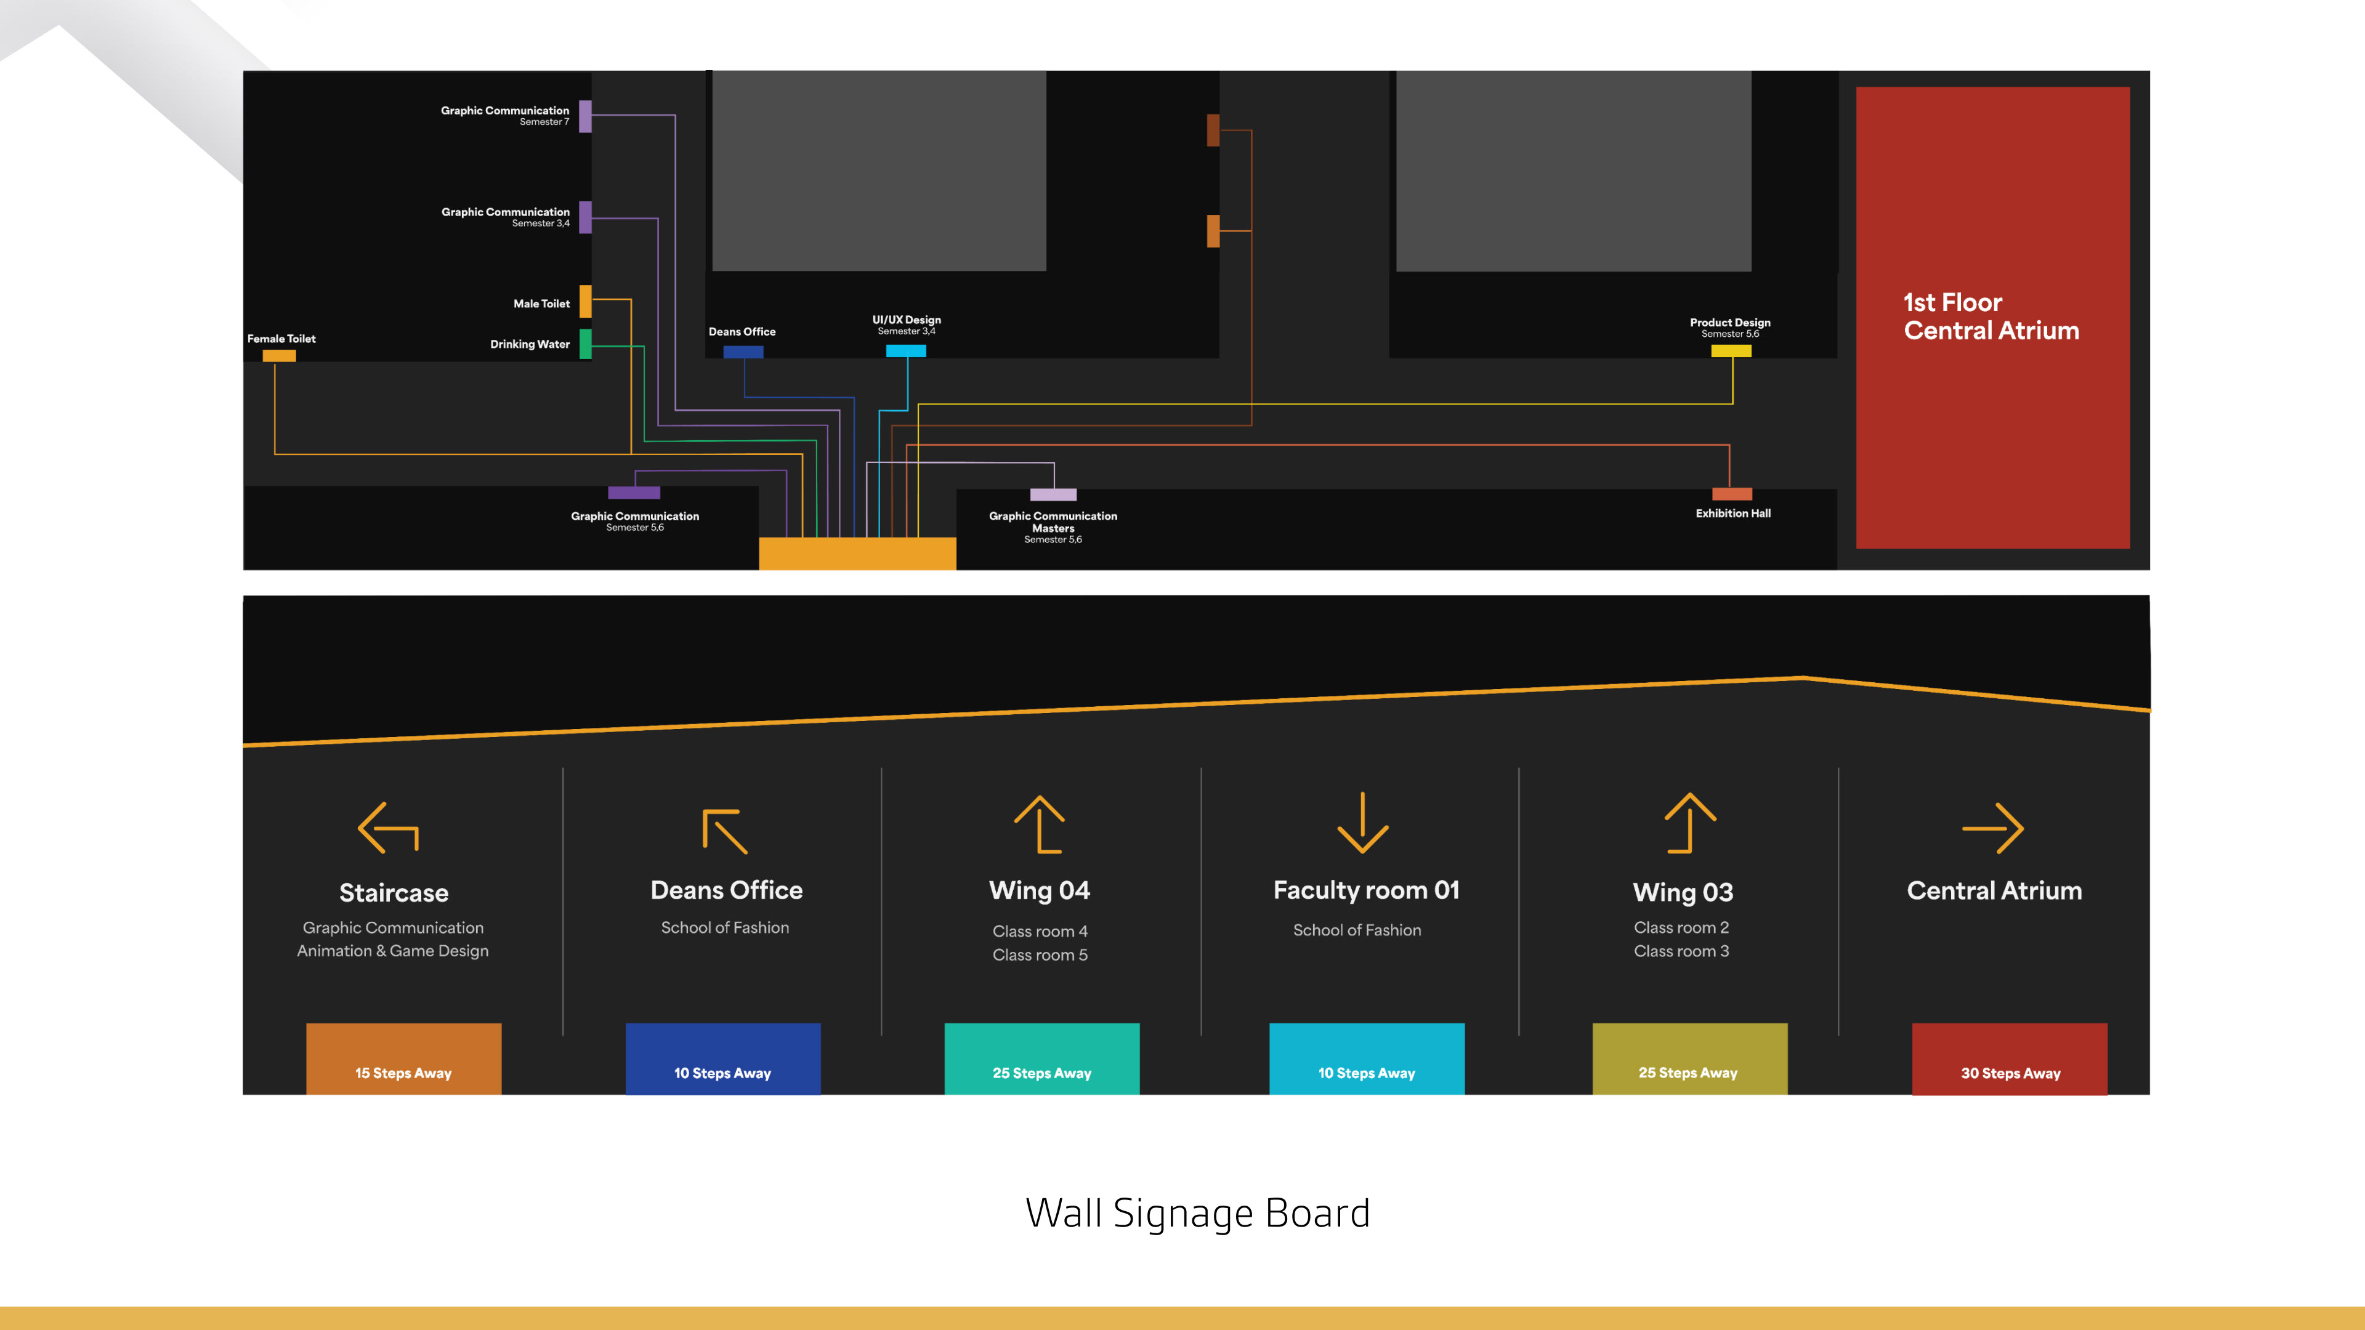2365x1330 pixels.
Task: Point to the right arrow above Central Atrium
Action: pyautogui.click(x=1992, y=828)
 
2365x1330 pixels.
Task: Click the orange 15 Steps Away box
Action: pyautogui.click(x=403, y=1058)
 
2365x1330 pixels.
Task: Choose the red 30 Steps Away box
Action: pyautogui.click(x=2009, y=1058)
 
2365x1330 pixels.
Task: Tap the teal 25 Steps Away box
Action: pyautogui.click(x=1041, y=1058)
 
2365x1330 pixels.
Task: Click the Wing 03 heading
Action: pyautogui.click(x=1683, y=892)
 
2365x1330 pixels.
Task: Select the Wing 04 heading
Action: pyautogui.click(x=1039, y=890)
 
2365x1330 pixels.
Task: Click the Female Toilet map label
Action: pyautogui.click(x=281, y=339)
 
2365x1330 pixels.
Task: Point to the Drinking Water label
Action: pyautogui.click(x=530, y=344)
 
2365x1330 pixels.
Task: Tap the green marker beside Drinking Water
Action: pyautogui.click(x=586, y=344)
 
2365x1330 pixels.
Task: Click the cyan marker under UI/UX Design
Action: pyautogui.click(x=905, y=350)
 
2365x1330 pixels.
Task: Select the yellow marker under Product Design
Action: pyautogui.click(x=1731, y=350)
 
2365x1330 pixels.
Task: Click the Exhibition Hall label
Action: pyautogui.click(x=1732, y=513)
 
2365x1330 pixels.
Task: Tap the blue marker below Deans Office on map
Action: pyautogui.click(x=743, y=352)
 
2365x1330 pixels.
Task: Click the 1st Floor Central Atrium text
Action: pyautogui.click(x=1991, y=316)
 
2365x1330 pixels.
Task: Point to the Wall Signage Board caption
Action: pyautogui.click(x=1197, y=1214)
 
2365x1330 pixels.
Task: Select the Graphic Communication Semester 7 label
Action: pyautogui.click(x=505, y=115)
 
